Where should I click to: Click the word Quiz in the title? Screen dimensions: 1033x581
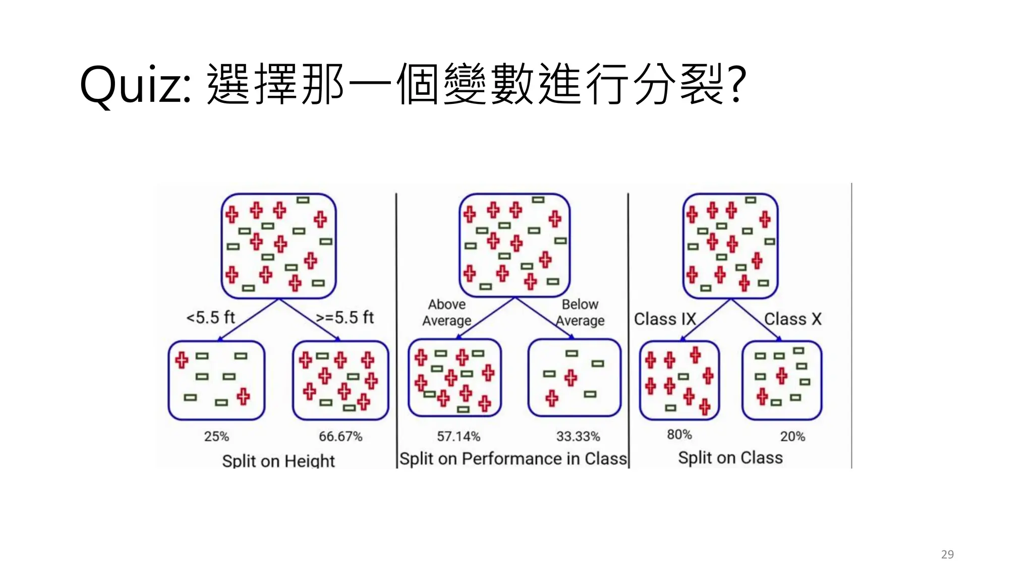coord(135,85)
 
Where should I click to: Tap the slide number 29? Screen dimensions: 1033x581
coord(947,554)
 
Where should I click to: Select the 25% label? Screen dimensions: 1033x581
coord(216,436)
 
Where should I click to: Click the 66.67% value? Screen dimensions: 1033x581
coord(340,436)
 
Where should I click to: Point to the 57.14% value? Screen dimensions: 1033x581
coord(458,436)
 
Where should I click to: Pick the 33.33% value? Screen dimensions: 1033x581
coord(578,436)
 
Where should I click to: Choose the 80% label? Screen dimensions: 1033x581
coord(679,434)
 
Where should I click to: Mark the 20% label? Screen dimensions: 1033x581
coord(792,436)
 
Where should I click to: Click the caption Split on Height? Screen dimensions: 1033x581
coord(278,460)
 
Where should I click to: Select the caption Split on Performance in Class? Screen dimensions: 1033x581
coord(513,458)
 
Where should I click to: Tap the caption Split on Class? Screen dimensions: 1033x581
coord(730,457)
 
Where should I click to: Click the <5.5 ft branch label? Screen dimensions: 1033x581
coord(211,318)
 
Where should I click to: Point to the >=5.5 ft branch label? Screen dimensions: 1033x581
coord(345,318)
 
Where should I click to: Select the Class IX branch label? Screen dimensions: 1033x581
coord(665,319)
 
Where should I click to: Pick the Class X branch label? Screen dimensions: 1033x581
coord(793,319)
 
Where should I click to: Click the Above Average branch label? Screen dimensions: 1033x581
coord(447,312)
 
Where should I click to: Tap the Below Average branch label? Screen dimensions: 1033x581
coord(580,312)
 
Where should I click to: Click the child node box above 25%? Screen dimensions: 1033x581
coord(216,380)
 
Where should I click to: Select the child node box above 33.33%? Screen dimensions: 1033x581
coord(575,378)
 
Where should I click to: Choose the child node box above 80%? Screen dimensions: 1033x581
coord(679,380)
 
